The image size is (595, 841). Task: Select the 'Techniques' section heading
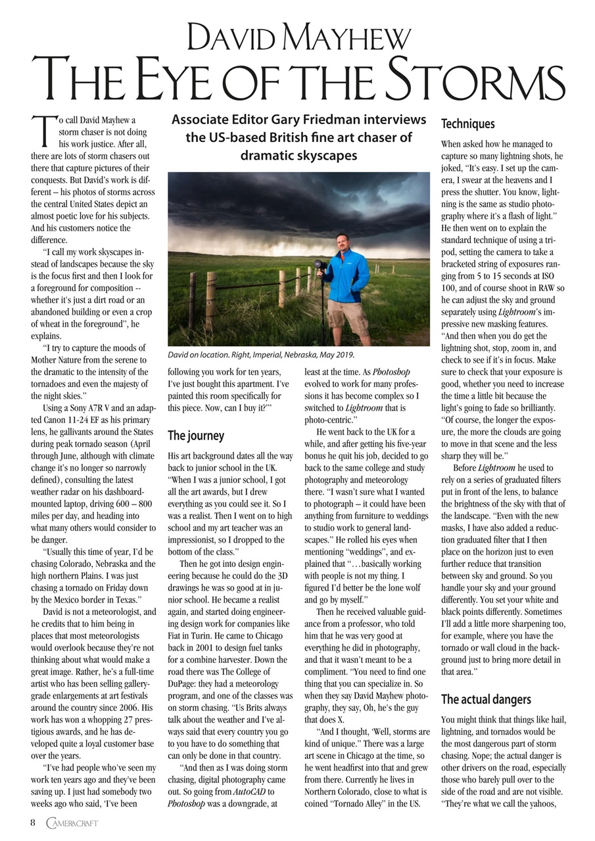[x=467, y=124]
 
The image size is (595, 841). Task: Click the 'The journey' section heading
[x=196, y=436]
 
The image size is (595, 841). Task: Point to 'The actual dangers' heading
[x=486, y=699]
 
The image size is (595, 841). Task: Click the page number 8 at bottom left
[x=33, y=823]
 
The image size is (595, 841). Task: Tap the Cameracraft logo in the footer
[x=72, y=823]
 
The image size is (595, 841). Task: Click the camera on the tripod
[x=319, y=266]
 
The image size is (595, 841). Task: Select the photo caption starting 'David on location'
[x=261, y=355]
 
